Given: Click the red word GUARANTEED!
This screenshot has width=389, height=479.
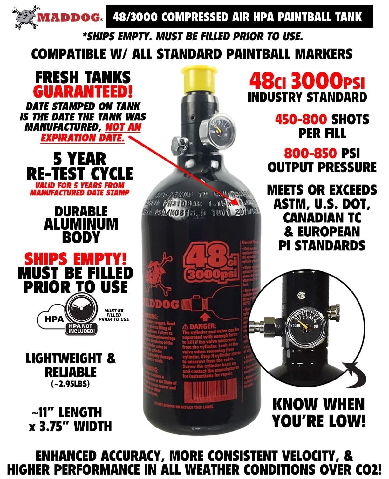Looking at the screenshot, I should coord(82,92).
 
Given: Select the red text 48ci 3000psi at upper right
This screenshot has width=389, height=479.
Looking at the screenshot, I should coord(307,82).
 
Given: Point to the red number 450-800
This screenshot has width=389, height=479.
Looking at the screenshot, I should coord(301,120).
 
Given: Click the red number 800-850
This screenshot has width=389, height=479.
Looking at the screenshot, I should coord(310,153).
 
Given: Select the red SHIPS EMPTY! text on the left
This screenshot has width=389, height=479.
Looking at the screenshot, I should coord(75,259).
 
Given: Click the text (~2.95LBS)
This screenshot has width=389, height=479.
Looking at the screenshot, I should coord(71,384).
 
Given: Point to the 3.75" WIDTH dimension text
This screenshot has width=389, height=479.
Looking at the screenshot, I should coord(71,426).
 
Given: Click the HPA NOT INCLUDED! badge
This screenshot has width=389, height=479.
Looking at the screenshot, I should coord(81,329).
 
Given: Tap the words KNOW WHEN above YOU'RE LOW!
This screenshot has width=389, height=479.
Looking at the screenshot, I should coord(318,404).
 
